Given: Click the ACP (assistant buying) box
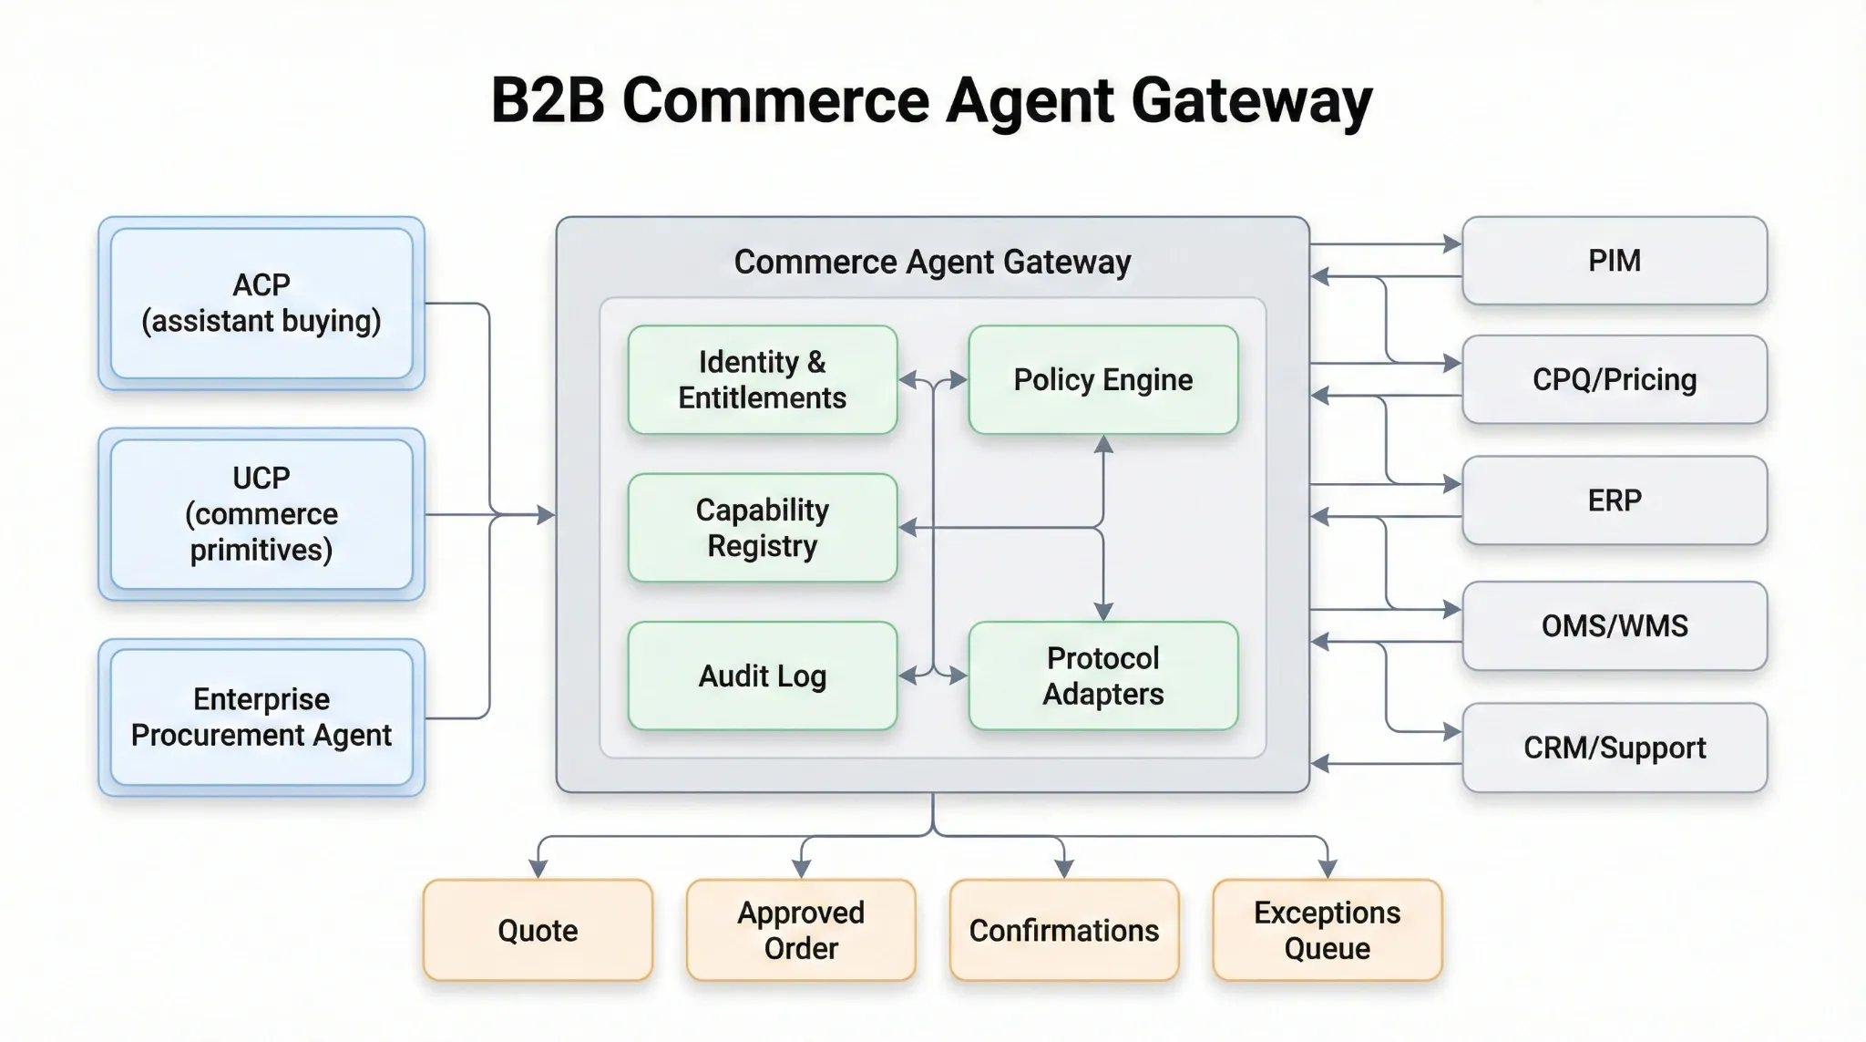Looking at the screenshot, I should click(261, 303).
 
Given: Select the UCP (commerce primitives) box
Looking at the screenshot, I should click(261, 514).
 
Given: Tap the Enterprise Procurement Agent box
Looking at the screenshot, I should click(261, 717).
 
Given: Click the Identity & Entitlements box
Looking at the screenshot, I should click(763, 379).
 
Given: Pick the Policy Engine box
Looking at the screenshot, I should click(1102, 379).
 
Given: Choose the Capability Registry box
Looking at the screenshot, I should click(763, 528).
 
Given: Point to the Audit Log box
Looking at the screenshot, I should click(763, 676).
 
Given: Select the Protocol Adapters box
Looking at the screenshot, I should click(1102, 676).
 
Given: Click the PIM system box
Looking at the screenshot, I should click(1614, 261).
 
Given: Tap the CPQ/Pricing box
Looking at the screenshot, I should click(1614, 379).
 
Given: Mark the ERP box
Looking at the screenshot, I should click(1614, 500).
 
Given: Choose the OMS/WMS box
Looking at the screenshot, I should click(1614, 625).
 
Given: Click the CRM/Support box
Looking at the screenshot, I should click(1614, 748).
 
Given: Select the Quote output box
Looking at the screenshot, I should click(538, 930).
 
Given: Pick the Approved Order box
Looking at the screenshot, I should click(801, 930).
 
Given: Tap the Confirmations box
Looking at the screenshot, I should click(1063, 930).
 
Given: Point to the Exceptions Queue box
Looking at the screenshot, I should click(1327, 930).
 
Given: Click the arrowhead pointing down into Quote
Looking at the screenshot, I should click(538, 869).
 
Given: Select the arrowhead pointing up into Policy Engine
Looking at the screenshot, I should click(1103, 445).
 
